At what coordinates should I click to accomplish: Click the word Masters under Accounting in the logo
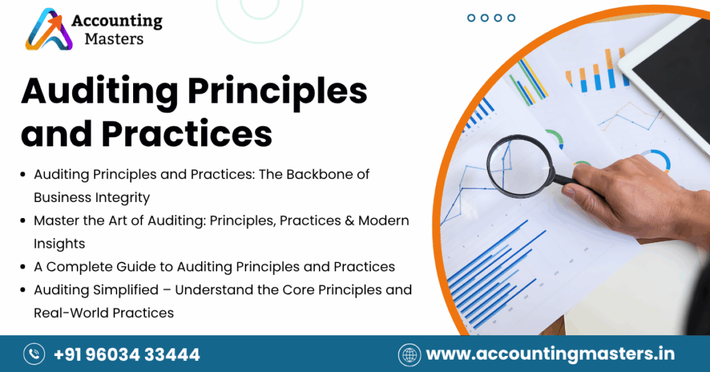point(114,39)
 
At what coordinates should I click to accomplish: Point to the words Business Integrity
point(92,197)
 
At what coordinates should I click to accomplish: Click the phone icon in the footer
point(34,355)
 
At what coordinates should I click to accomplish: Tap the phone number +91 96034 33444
point(127,355)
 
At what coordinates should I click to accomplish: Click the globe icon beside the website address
point(409,355)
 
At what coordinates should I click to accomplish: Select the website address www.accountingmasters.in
point(550,355)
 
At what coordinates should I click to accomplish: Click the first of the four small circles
point(471,18)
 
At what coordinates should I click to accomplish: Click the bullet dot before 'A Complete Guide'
point(25,267)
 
